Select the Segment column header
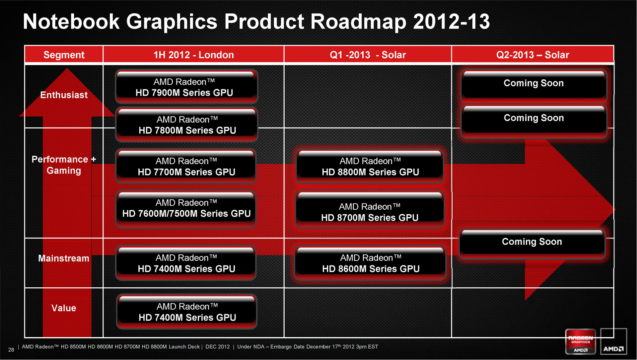click(64, 55)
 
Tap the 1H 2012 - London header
click(193, 55)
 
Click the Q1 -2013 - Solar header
click(368, 55)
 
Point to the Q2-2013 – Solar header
click(532, 55)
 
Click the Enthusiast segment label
click(64, 95)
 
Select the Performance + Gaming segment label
click(64, 165)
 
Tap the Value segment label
click(64, 308)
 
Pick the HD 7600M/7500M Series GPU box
click(186, 209)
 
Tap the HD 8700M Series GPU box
click(370, 209)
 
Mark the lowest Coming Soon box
click(532, 244)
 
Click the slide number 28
click(11, 350)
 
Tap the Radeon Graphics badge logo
click(580, 341)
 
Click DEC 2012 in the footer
click(218, 347)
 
